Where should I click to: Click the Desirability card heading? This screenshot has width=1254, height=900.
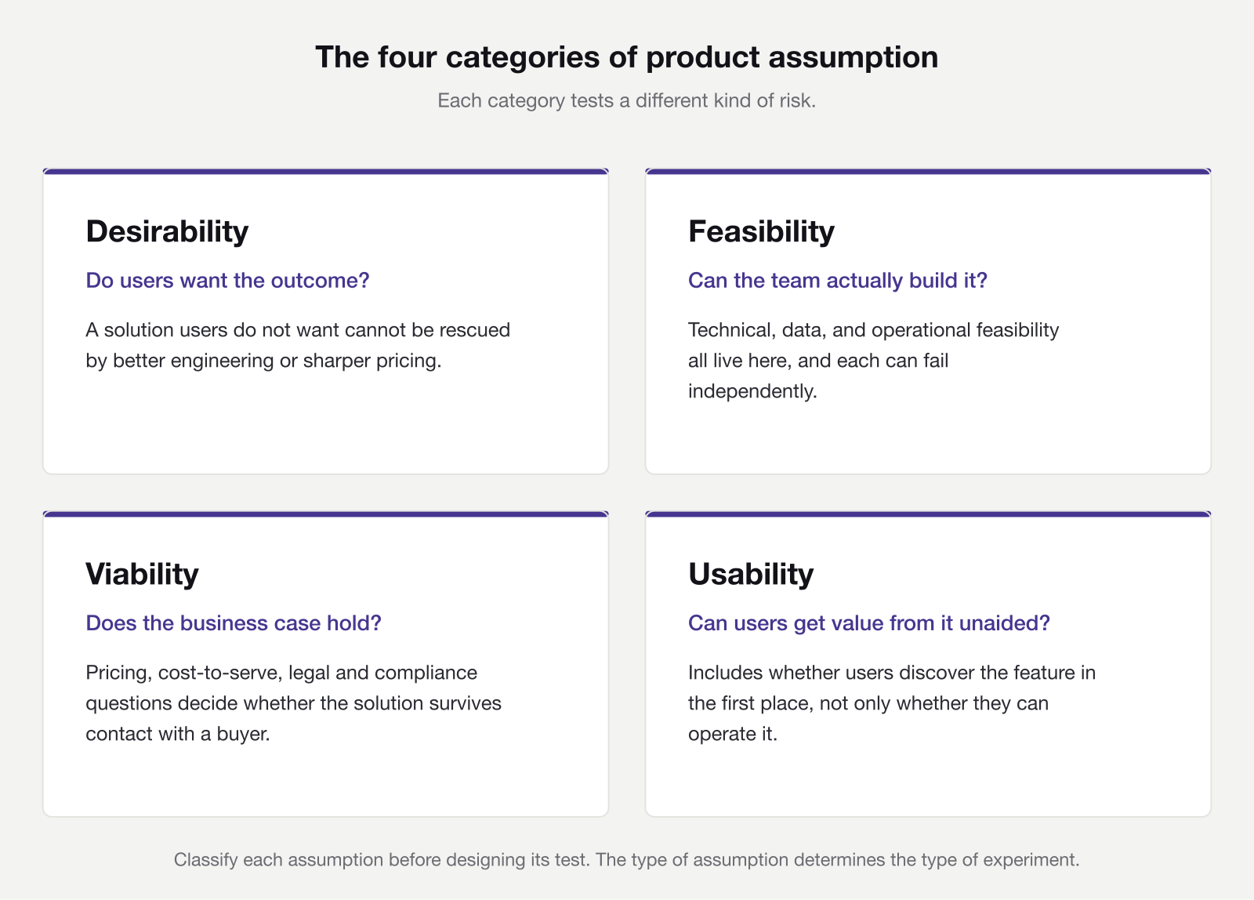[167, 231]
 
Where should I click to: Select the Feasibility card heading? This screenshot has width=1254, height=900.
[761, 231]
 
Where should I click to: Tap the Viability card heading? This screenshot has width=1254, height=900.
[142, 574]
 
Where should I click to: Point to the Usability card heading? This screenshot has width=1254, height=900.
[751, 574]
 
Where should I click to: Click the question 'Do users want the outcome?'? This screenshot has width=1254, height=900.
[227, 281]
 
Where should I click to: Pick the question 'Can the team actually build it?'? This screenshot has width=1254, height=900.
[837, 281]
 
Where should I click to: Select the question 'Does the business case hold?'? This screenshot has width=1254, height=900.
[234, 623]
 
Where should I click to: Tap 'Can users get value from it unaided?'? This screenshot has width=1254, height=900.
[868, 623]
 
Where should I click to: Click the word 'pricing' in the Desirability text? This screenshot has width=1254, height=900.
[410, 361]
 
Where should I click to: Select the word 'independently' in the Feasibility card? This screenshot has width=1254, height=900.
[752, 391]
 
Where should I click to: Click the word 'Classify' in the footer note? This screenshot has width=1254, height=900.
[205, 860]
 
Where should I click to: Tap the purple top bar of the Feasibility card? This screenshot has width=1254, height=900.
[928, 172]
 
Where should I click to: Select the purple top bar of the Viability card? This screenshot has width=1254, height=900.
[325, 514]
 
